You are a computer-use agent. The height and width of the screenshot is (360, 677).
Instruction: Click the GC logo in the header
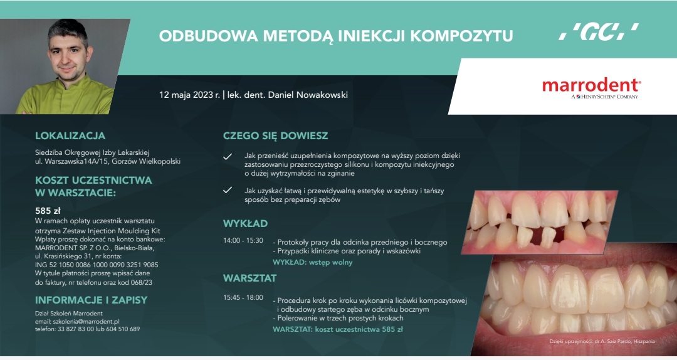pos(598,32)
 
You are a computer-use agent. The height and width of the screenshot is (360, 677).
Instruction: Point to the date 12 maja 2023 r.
pos(189,95)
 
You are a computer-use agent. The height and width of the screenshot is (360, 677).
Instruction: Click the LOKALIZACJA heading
pos(70,135)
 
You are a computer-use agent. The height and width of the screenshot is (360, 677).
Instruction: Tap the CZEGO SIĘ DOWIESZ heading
pos(275,135)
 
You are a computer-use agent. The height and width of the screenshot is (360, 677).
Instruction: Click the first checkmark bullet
pos(228,156)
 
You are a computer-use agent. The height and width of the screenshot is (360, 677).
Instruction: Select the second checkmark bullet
pos(228,191)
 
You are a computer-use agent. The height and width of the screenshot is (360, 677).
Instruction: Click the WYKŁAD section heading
pos(245,223)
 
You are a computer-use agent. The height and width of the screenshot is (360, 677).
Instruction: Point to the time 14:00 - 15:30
pos(243,241)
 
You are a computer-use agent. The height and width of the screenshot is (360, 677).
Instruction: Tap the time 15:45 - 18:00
pos(243,297)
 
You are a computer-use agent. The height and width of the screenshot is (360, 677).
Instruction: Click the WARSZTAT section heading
pos(249,277)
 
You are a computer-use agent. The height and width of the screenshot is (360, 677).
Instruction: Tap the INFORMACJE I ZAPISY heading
pos(91,300)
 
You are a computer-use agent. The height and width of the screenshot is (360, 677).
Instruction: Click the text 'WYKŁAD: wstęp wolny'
pos(312,262)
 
